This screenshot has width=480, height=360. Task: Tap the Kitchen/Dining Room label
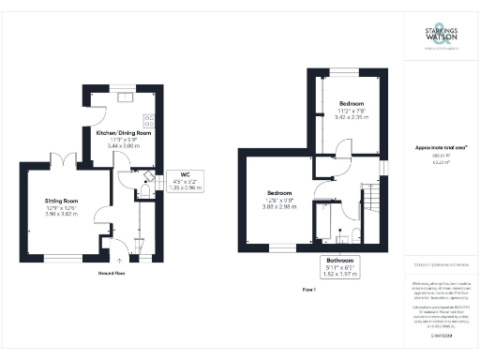click(125, 133)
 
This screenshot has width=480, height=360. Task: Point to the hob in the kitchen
click(148, 120)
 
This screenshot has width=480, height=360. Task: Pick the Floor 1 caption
click(311, 290)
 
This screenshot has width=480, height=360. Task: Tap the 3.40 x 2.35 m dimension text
click(352, 117)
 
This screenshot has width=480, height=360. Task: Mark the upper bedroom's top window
click(352, 72)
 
